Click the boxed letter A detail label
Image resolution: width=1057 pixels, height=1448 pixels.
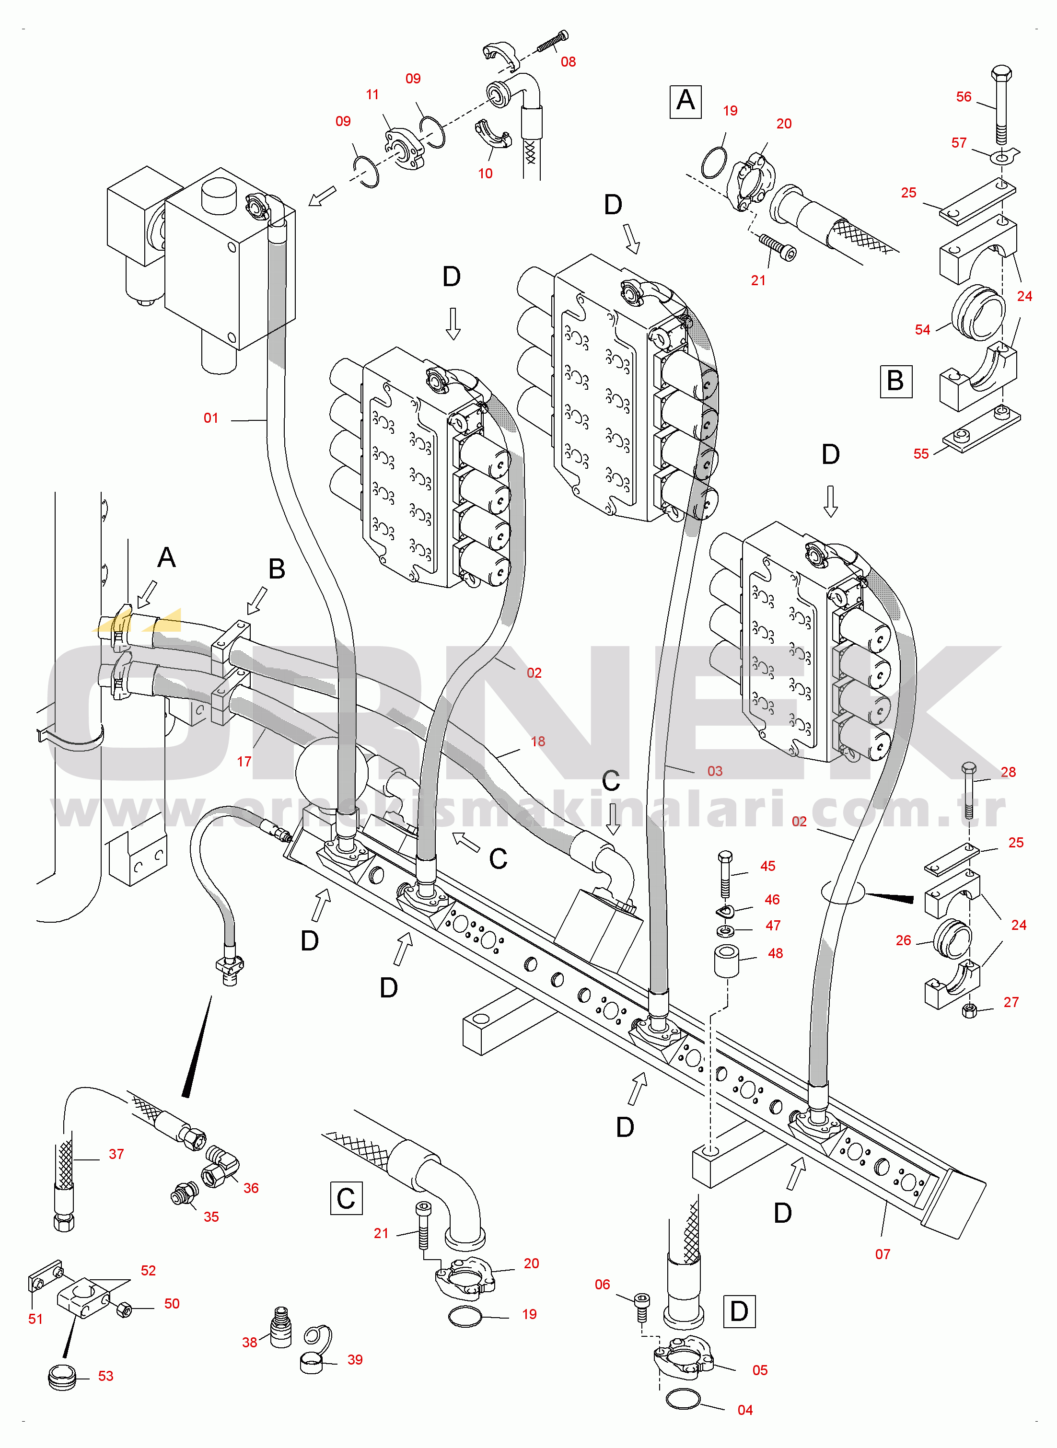685,101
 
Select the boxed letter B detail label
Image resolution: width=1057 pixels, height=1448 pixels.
896,381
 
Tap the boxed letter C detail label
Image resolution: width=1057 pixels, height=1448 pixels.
346,1198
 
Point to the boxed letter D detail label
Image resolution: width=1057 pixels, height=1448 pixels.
739,1311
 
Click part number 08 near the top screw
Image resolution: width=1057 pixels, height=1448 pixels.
568,62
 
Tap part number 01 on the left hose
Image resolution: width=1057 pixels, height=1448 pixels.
211,418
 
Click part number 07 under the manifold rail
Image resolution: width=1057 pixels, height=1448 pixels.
883,1254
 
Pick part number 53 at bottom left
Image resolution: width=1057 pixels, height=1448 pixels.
105,1376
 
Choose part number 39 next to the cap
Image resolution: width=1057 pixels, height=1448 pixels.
355,1360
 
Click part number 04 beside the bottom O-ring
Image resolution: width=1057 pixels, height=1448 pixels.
745,1410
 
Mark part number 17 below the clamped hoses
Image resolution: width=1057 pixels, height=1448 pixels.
244,762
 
